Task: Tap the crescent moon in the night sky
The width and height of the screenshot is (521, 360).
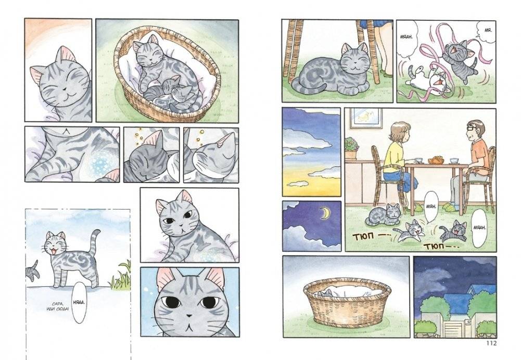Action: (x=325, y=213)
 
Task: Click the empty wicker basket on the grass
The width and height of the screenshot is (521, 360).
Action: (x=348, y=300)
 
